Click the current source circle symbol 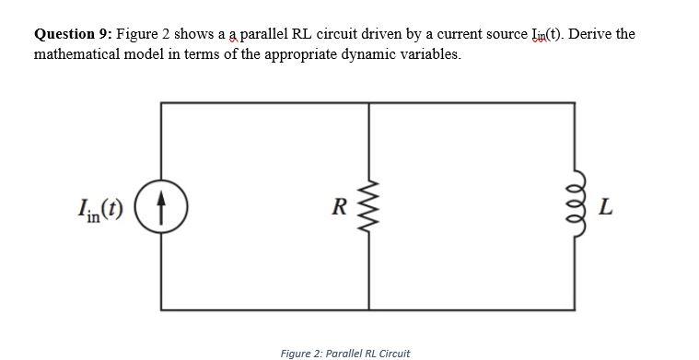point(162,204)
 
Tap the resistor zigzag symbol point(369,204)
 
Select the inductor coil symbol point(576,204)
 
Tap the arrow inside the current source point(162,204)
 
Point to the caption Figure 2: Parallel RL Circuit point(345,353)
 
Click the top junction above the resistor point(369,103)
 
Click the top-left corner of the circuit point(162,103)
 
